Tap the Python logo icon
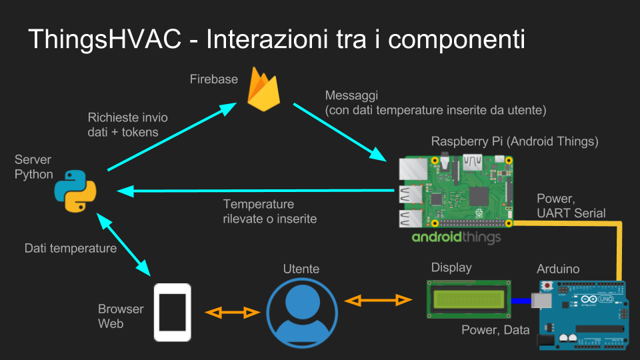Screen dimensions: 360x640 coord(75,191)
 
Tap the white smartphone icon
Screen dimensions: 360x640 coord(173,311)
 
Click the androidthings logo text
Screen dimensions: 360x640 coord(456,237)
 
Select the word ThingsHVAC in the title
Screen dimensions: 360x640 coord(104,39)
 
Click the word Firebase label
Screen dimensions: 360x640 coord(213,79)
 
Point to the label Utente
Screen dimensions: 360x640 coord(301,269)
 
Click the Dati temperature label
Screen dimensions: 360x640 coord(71,249)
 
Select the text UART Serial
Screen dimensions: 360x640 coord(571,213)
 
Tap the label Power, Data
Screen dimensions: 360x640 coord(495,330)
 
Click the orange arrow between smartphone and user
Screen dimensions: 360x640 coord(232,312)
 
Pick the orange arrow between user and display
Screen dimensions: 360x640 coord(378,301)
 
